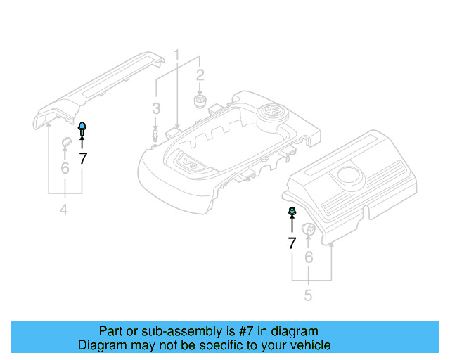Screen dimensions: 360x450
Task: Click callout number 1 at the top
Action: tap(177, 53)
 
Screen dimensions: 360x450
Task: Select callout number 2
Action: tap(200, 75)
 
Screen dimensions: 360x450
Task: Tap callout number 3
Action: tap(156, 108)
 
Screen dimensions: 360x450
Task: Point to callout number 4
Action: tap(63, 209)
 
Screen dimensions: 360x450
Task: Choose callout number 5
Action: tap(308, 295)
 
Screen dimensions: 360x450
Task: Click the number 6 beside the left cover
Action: tap(65, 167)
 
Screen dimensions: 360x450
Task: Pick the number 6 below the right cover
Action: tap(308, 257)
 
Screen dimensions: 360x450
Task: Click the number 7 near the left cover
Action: tap(83, 158)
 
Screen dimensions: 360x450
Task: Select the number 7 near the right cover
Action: tap(292, 243)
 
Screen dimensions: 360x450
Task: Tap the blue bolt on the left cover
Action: tap(82, 128)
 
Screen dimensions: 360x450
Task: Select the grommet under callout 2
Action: tap(200, 103)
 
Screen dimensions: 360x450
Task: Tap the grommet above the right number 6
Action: tap(308, 230)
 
